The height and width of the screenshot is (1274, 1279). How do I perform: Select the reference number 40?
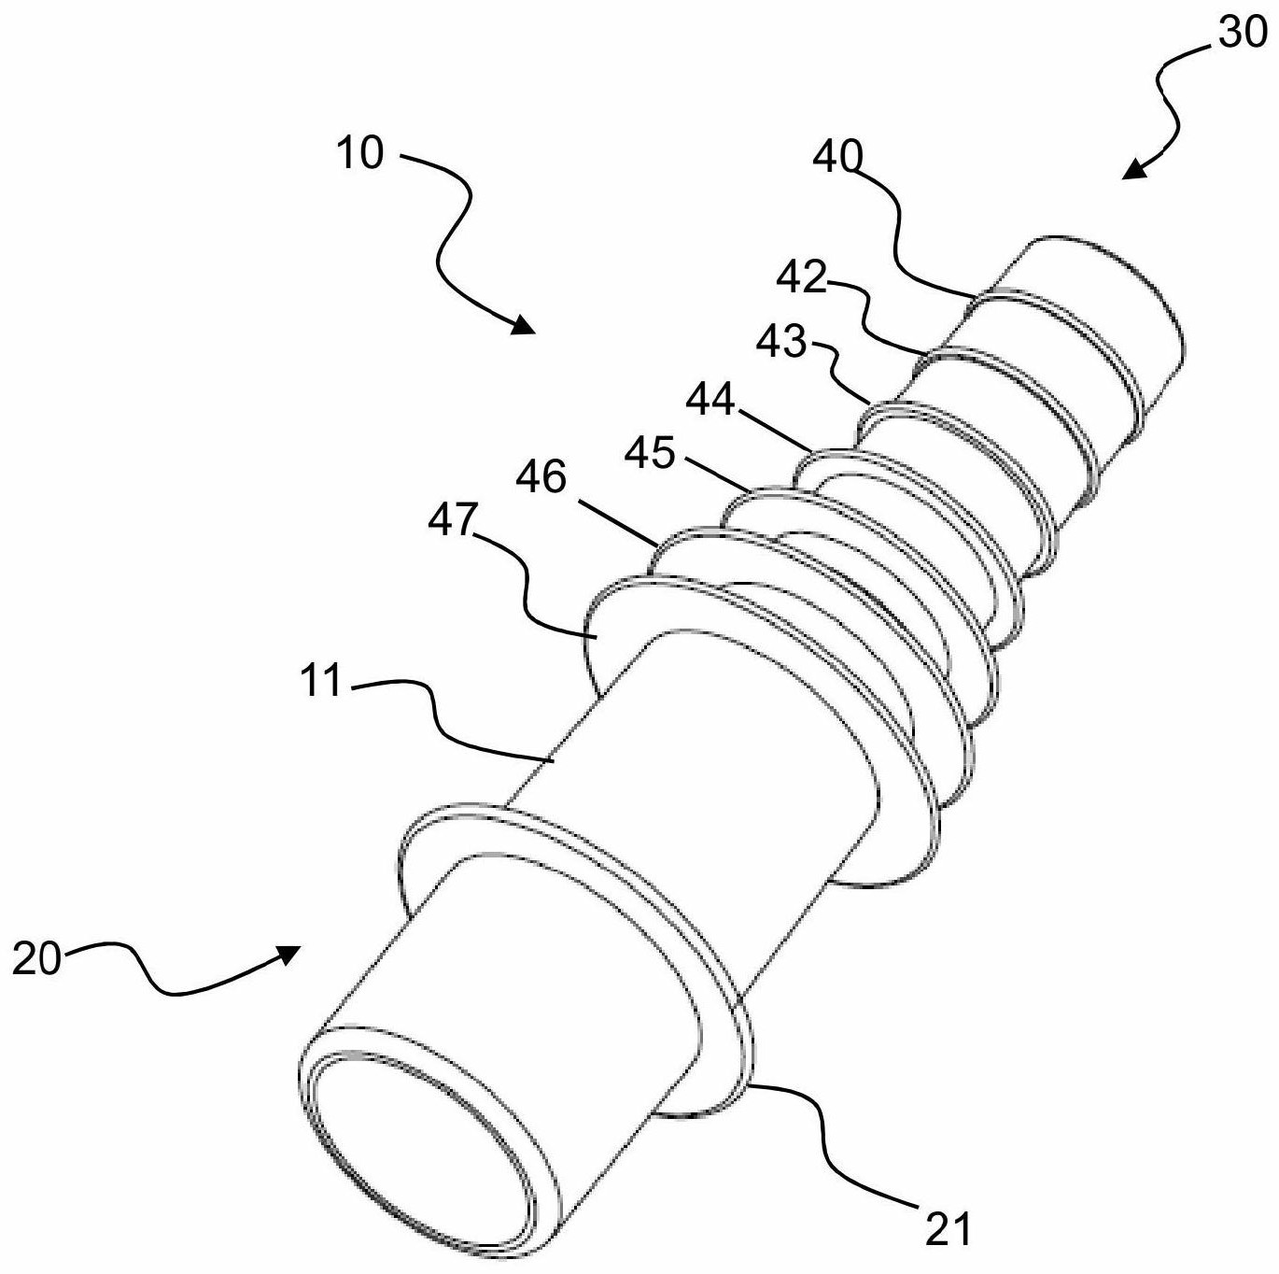(838, 158)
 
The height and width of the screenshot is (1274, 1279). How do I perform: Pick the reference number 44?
(710, 400)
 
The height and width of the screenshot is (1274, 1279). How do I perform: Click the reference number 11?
(320, 681)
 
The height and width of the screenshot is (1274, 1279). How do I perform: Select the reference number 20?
(35, 960)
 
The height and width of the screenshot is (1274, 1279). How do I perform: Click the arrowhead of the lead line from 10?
(522, 324)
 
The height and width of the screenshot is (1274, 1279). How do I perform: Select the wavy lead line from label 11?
(450, 721)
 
